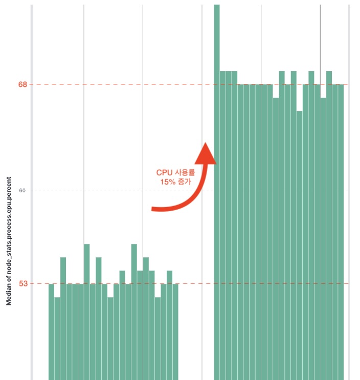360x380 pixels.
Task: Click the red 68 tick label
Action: point(22,84)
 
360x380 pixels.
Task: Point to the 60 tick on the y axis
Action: point(22,191)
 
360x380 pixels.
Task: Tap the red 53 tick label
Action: point(22,283)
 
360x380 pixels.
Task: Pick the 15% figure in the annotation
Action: point(168,182)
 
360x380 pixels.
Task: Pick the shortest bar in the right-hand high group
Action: point(299,245)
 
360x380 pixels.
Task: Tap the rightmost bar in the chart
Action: point(341,230)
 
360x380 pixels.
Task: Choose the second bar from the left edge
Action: point(57,338)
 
